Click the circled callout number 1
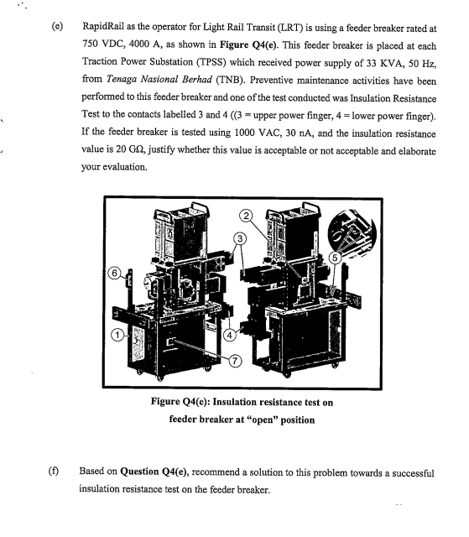(x=117, y=335)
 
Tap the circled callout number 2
(x=246, y=216)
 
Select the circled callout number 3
(x=240, y=238)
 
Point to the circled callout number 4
(x=229, y=335)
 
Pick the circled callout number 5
(x=335, y=258)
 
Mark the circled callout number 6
(x=114, y=273)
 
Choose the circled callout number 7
(x=235, y=361)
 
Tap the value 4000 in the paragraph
(x=139, y=44)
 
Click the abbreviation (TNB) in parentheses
(x=231, y=80)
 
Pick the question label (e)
(x=57, y=26)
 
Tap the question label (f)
(x=54, y=472)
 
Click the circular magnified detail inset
(x=352, y=233)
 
